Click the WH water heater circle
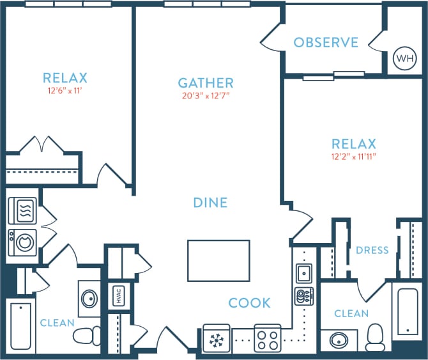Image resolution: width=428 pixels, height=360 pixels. pos(404,59)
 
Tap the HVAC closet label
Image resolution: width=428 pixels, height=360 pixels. pos(118,296)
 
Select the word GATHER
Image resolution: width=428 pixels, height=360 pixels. pos(205,83)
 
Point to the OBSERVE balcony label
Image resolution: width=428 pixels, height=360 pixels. pos(326,43)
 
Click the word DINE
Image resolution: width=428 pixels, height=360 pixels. pos(210,203)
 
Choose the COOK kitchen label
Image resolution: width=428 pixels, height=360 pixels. pos(250,303)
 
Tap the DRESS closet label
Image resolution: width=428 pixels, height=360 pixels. pos(372,250)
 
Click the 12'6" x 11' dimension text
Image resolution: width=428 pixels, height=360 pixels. pos(65,91)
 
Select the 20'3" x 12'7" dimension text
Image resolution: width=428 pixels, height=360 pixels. pos(205,97)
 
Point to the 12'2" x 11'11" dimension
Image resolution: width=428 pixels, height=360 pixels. pos(353,157)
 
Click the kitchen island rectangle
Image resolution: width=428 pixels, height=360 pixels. pos(218,260)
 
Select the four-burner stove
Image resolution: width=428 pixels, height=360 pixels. pos(268,338)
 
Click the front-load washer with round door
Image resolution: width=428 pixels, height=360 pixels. pos(22,242)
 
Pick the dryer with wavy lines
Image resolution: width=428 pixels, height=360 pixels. pos(22,210)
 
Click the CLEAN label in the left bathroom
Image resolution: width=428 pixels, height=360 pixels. pos(57,323)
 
